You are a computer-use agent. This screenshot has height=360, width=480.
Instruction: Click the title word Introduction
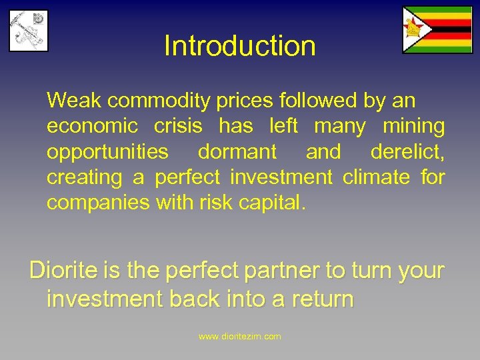(x=239, y=46)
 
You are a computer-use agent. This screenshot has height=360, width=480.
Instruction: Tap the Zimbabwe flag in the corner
(x=437, y=30)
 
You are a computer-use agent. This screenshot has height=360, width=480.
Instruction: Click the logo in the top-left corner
(x=29, y=31)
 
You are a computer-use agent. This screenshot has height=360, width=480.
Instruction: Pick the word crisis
(x=181, y=127)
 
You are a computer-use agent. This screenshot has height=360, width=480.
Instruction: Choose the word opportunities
(x=107, y=152)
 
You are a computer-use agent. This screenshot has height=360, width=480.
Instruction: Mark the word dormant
(x=237, y=152)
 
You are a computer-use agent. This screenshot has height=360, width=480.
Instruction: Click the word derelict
(x=407, y=152)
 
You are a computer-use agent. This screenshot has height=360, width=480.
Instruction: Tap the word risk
(x=213, y=203)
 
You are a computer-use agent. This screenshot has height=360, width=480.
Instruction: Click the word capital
(x=270, y=203)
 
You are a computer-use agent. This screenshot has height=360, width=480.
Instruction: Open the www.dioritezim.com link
(x=240, y=336)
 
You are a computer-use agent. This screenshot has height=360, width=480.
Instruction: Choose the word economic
(x=93, y=127)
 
